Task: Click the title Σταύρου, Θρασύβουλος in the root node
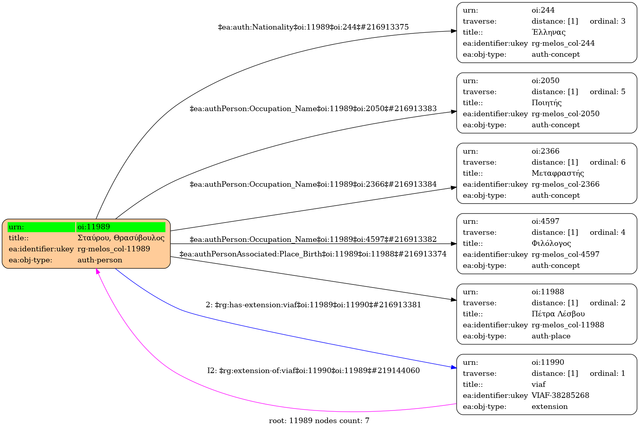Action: tap(121, 238)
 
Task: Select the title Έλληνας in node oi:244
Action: tap(548, 32)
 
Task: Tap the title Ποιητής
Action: tap(546, 103)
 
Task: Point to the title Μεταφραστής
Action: tap(557, 173)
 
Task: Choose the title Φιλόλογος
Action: tap(551, 243)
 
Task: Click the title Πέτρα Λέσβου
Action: tap(558, 314)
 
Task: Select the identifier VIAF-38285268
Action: tap(560, 396)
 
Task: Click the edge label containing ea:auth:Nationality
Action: tap(313, 27)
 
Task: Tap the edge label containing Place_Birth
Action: tap(313, 254)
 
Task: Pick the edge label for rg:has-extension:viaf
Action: tap(313, 305)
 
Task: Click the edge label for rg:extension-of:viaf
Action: tap(313, 371)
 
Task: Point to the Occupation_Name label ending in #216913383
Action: tap(313, 109)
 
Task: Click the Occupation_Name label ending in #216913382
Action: tap(313, 240)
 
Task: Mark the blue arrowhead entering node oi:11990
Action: tap(454, 368)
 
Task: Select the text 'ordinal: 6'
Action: tap(607, 162)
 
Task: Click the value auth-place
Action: tap(551, 336)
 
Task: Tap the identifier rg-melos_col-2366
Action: tap(565, 184)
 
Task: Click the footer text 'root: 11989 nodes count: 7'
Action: tap(319, 421)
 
